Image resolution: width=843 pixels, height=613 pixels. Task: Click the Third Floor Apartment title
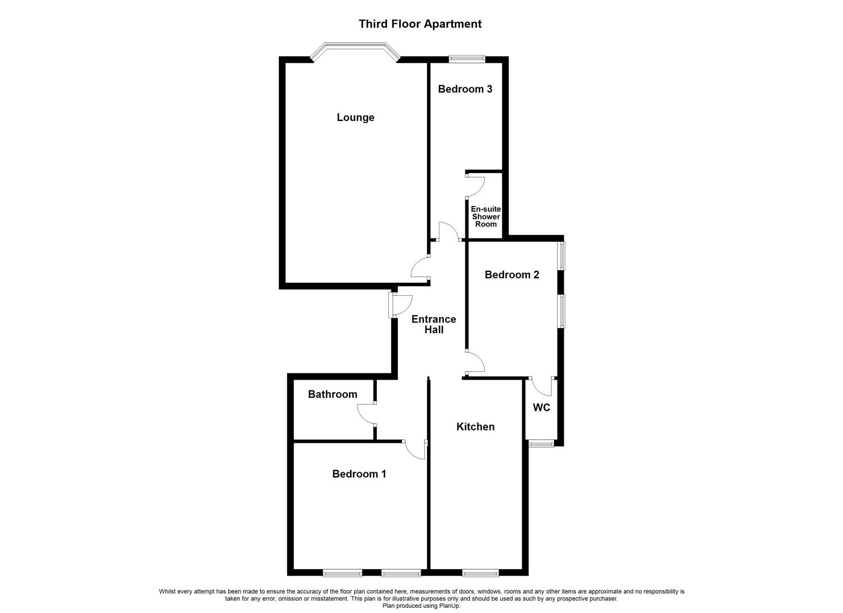420,24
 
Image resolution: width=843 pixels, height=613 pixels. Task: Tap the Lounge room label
355,117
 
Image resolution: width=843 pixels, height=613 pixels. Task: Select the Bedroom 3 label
465,89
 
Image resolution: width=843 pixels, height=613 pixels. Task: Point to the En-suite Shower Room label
486,216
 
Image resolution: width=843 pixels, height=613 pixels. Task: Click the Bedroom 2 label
511,275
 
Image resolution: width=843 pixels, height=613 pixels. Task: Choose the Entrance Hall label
434,324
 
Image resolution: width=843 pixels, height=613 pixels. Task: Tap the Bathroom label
333,394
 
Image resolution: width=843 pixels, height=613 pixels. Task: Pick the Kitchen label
476,427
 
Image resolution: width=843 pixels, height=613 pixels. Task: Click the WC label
541,408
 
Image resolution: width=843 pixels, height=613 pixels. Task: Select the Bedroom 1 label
359,474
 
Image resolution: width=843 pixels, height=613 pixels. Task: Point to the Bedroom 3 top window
467,58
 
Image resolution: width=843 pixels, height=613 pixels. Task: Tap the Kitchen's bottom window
480,573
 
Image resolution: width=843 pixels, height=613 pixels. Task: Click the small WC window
540,443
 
